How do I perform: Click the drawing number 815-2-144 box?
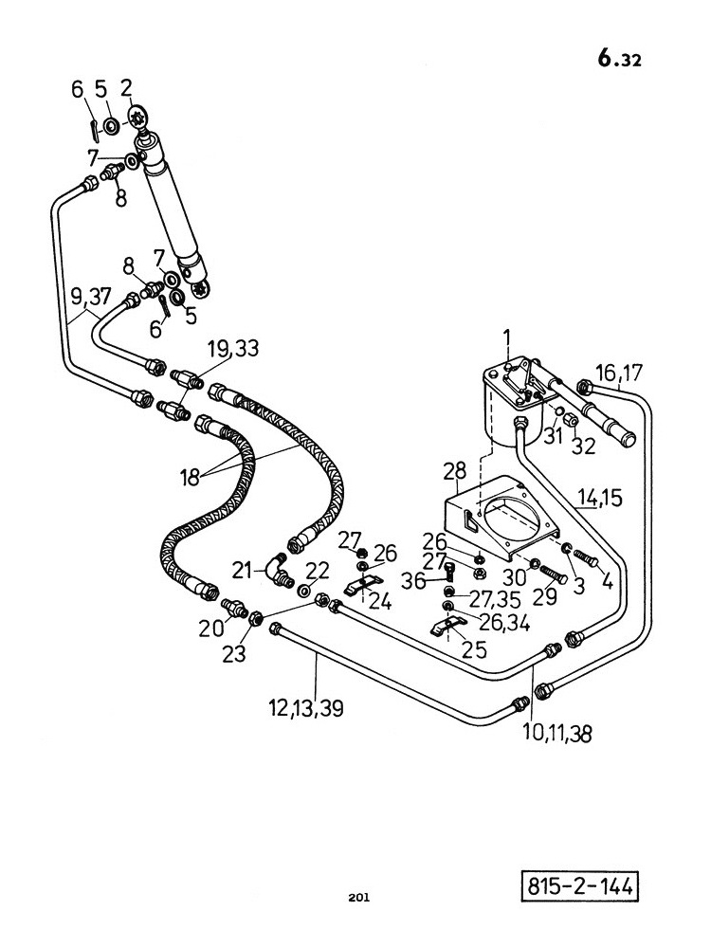(x=580, y=886)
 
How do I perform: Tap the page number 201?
(x=358, y=897)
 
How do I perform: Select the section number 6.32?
(x=619, y=59)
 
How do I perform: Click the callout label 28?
(x=455, y=471)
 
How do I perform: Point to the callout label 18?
(x=190, y=478)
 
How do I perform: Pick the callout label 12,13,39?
(x=306, y=707)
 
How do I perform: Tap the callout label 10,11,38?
(x=556, y=734)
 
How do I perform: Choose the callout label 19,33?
(x=233, y=348)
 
